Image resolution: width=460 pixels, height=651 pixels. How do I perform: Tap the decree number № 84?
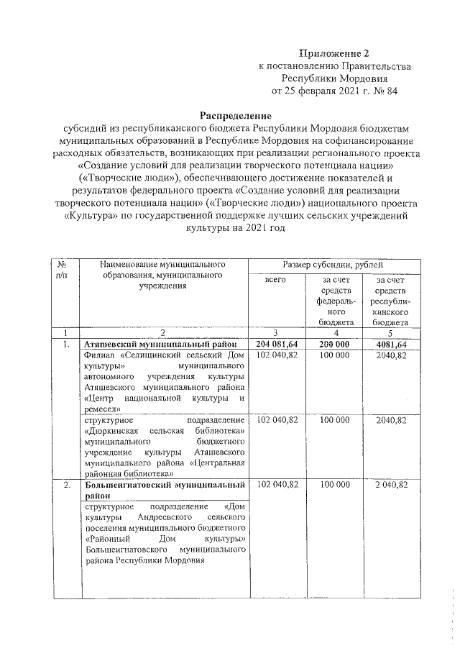point(385,92)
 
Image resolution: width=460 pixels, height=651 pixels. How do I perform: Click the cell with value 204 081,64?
point(277,345)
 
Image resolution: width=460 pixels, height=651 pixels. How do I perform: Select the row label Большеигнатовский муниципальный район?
point(165,491)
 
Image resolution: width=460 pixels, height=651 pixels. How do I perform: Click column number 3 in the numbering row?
point(276,333)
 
